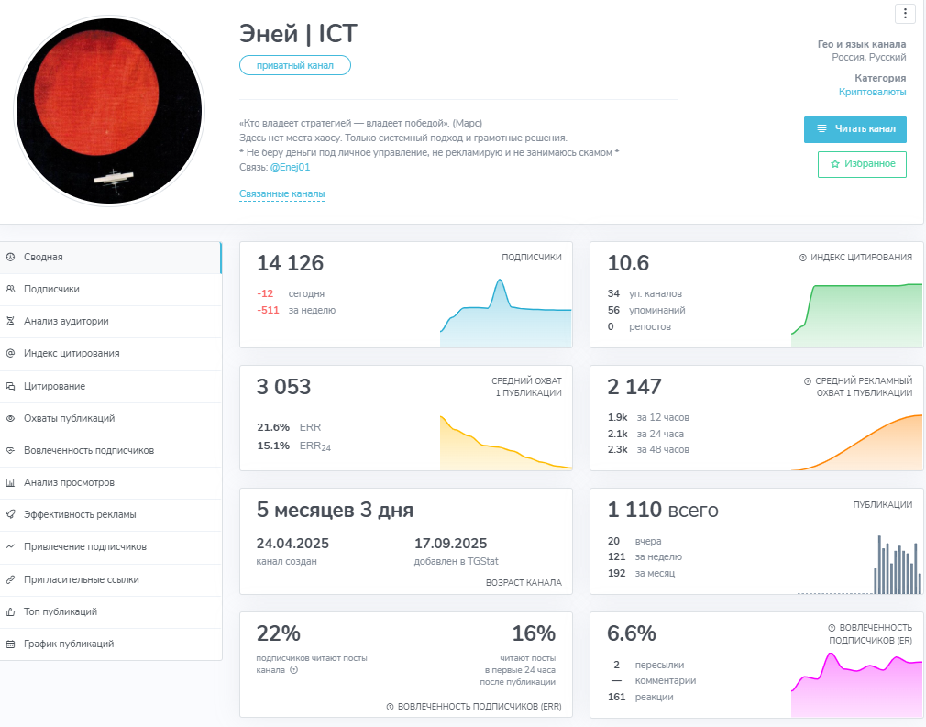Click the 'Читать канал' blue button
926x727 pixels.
[x=854, y=129]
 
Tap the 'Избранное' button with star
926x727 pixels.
[x=862, y=164]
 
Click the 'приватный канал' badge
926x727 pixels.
[x=295, y=65]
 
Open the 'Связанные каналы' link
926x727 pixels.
[x=281, y=193]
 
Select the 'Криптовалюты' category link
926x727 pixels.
[x=872, y=92]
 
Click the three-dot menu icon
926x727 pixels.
[x=905, y=13]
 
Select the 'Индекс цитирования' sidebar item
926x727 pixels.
[x=72, y=353]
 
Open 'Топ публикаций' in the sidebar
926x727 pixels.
[x=61, y=611]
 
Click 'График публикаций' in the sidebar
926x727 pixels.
[x=69, y=644]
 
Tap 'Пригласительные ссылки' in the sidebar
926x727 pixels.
[x=82, y=579]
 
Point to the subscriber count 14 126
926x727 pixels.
[x=290, y=263]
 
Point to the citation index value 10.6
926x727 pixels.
[x=628, y=263]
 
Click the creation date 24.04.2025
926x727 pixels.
[x=292, y=543]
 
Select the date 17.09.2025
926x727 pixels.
[x=450, y=543]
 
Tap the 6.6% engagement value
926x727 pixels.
[x=632, y=633]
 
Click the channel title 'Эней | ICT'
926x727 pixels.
[x=298, y=34]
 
